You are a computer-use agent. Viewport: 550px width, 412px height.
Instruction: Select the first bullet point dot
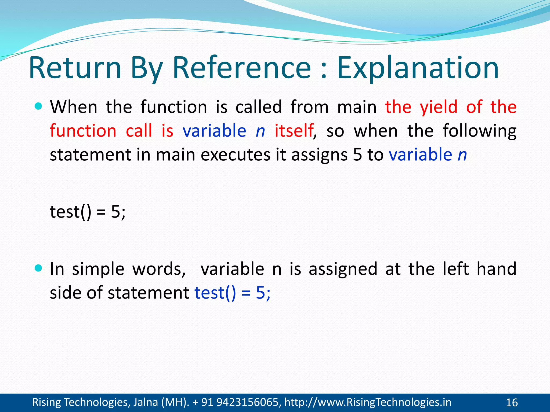coord(39,106)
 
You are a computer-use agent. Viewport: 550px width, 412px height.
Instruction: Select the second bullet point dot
coord(39,268)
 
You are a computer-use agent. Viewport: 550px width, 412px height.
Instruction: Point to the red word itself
coord(294,131)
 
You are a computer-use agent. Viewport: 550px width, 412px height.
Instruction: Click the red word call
coord(139,131)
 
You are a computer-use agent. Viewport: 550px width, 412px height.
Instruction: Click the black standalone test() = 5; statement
coord(88,212)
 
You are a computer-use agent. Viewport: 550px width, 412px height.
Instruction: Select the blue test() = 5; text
coord(232,293)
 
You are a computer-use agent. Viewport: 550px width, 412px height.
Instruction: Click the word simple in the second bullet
coord(98,269)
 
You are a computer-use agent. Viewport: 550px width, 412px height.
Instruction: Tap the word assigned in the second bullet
coord(343,269)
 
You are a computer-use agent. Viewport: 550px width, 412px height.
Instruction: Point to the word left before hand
coord(455,269)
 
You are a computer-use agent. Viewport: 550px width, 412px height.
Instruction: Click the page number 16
coord(512,403)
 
